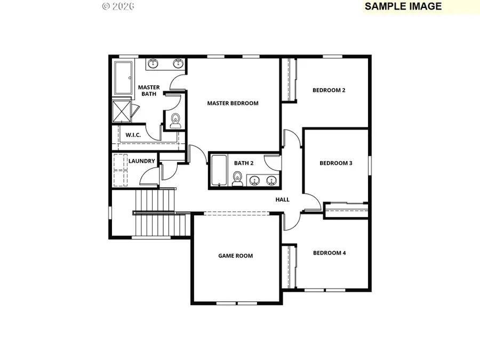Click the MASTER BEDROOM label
tap(233, 103)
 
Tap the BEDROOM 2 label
tap(329, 90)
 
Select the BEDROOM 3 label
tap(335, 163)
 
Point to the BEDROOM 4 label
tap(329, 253)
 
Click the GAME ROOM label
tap(235, 256)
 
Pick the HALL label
tap(282, 199)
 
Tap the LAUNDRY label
tap(142, 161)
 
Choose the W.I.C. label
tap(133, 135)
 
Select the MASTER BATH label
tap(149, 91)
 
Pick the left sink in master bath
tap(153, 65)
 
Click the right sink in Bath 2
tap(271, 180)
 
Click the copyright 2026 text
tap(118, 6)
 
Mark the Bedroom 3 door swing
tap(313, 203)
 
